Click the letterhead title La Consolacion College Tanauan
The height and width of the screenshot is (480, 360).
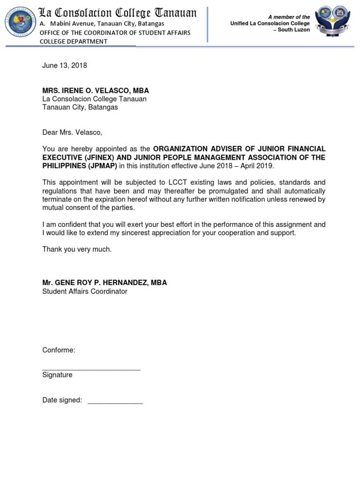coord(117,13)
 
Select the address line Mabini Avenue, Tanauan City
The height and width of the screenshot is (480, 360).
coord(102,23)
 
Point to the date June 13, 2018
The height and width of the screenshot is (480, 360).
coord(65,66)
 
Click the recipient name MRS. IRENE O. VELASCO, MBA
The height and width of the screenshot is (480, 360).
coord(96,90)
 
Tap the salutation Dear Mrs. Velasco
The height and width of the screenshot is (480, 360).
coord(72,133)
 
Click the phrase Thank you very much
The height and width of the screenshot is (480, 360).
coord(77,249)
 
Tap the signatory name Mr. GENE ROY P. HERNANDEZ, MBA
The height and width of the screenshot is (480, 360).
coord(105,283)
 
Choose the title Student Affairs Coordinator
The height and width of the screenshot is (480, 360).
coord(85,292)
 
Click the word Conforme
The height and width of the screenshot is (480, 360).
coord(59,350)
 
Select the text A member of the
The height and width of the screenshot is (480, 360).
coord(289,17)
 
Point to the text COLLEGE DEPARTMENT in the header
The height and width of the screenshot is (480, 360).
coord(74,41)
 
